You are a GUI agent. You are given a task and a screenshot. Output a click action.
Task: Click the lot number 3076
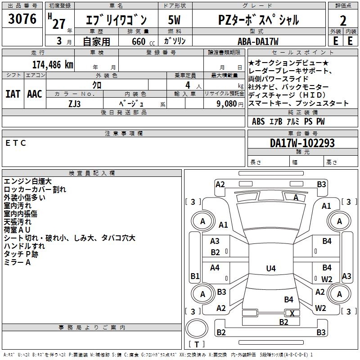tap(22, 19)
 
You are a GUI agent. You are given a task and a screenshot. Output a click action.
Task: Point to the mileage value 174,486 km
tap(53, 64)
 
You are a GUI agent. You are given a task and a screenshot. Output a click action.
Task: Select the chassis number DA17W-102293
tap(302, 143)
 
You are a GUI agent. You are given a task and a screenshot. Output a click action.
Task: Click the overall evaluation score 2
tap(343, 21)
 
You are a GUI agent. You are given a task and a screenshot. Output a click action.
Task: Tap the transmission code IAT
tap(13, 94)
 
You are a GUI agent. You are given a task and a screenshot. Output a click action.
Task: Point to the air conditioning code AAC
tap(35, 94)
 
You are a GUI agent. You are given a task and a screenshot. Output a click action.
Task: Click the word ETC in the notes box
tap(16, 143)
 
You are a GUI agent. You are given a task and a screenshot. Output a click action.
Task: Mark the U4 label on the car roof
tap(270, 269)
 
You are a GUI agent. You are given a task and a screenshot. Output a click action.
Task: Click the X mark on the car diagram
tap(292, 313)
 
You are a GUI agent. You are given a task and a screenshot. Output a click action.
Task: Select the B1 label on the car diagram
tap(195, 276)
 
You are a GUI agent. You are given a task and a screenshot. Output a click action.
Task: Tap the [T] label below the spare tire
tap(197, 344)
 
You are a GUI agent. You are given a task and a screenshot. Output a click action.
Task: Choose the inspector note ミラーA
tap(17, 262)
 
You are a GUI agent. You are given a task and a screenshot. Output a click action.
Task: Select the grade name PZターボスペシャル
tap(258, 20)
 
